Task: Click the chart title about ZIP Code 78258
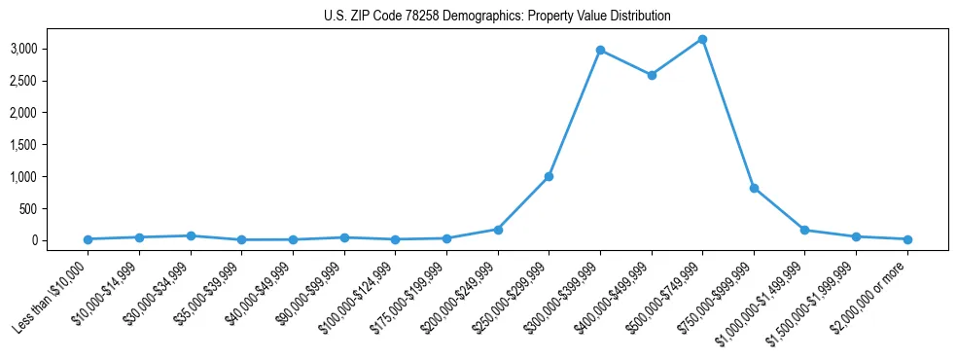pyautogui.click(x=497, y=17)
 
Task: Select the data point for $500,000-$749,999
pyautogui.click(x=702, y=39)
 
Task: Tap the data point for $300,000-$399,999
pyautogui.click(x=600, y=50)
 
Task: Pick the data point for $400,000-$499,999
pyautogui.click(x=652, y=75)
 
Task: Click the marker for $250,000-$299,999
pyautogui.click(x=549, y=177)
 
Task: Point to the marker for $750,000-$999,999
pyautogui.click(x=754, y=188)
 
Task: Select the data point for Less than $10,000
pyautogui.click(x=89, y=239)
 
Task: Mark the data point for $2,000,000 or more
pyautogui.click(x=906, y=239)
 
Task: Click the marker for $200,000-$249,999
pyautogui.click(x=498, y=230)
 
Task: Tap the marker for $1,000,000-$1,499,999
pyautogui.click(x=804, y=230)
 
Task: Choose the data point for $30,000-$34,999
pyautogui.click(x=191, y=235)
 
